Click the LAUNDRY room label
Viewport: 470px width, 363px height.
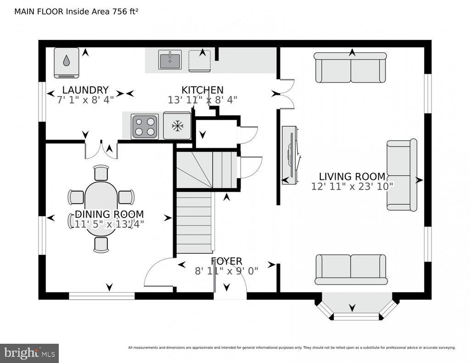click(x=85, y=90)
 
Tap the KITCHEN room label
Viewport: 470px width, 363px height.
click(x=202, y=90)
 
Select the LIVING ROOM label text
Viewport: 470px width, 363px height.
click(x=352, y=176)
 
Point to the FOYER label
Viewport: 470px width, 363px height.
click(x=226, y=261)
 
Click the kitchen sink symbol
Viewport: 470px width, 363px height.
click(x=170, y=59)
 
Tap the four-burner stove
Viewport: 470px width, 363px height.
click(x=145, y=127)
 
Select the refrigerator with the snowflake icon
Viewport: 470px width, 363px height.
click(x=177, y=126)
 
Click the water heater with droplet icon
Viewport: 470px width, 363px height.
click(x=67, y=63)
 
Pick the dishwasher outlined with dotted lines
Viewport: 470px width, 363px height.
click(x=200, y=61)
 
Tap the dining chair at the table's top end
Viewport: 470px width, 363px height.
click(x=101, y=173)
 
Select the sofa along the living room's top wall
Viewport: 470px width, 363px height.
click(x=350, y=67)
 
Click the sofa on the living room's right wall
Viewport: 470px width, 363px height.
click(x=402, y=175)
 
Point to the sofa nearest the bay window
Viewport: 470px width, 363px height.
click(x=351, y=269)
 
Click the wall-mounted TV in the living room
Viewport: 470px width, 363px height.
click(x=291, y=155)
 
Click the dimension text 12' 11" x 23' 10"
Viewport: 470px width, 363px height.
click(x=352, y=186)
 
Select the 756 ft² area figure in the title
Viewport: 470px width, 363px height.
click(x=125, y=11)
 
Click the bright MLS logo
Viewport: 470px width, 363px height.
click(x=29, y=353)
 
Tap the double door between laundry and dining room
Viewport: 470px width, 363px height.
click(x=101, y=149)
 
